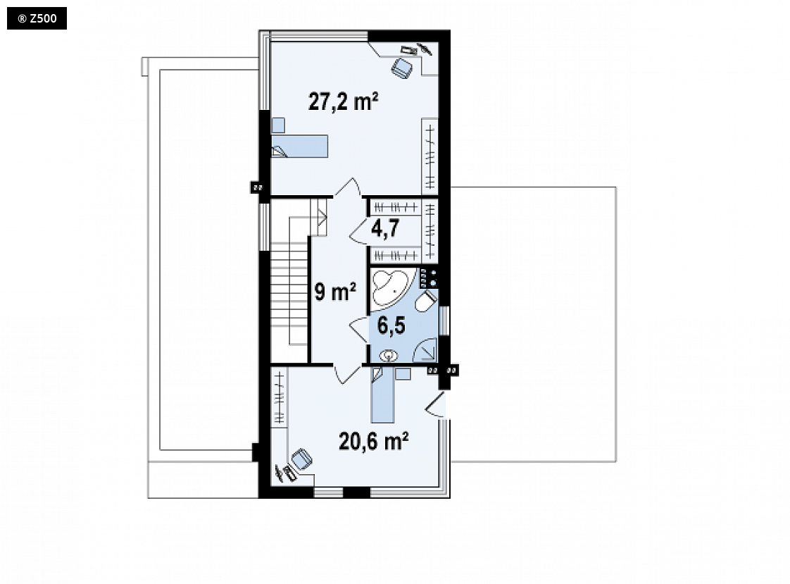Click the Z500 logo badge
tap(37, 18)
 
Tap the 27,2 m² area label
tap(343, 101)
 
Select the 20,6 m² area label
tap(373, 441)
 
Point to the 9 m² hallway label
tap(335, 291)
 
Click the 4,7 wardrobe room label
tap(385, 228)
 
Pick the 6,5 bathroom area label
tap(391, 325)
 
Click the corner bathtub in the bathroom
tap(392, 288)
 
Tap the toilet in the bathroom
tap(426, 301)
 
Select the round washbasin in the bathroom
tap(389, 356)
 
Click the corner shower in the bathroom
tap(425, 349)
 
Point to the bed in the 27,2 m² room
tap(300, 146)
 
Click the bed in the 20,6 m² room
tap(383, 394)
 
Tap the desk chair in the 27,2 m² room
tap(403, 68)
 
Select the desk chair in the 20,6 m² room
tap(302, 459)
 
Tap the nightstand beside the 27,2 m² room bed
tap(278, 125)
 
